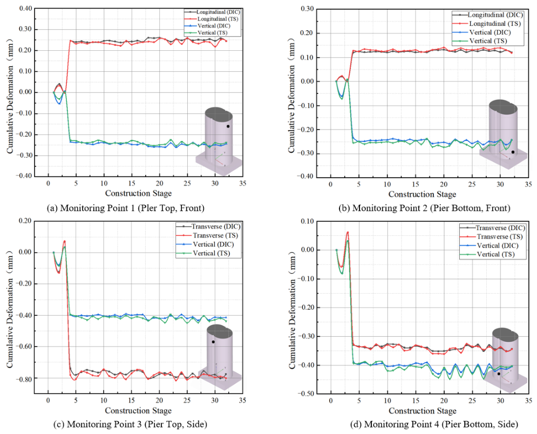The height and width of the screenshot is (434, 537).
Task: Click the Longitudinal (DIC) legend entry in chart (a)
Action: click(x=212, y=12)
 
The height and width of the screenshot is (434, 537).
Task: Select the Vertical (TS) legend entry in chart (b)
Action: click(x=479, y=41)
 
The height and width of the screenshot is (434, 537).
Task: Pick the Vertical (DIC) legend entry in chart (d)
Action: click(x=489, y=246)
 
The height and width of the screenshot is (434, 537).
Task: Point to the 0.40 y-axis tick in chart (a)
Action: click(x=25, y=8)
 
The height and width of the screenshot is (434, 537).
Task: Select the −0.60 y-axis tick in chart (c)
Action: click(x=23, y=347)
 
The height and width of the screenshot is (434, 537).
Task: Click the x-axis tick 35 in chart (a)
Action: click(x=242, y=183)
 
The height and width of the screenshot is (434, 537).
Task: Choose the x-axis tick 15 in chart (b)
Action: click(x=416, y=184)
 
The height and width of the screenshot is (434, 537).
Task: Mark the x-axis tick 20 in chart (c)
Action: click(x=159, y=400)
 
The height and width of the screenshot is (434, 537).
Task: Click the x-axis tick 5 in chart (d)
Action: click(x=359, y=401)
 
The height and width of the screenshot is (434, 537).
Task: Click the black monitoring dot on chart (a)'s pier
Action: click(x=228, y=126)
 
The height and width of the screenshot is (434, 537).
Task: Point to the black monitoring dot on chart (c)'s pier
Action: click(x=213, y=342)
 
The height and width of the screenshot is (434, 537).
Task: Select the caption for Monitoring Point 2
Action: click(x=424, y=208)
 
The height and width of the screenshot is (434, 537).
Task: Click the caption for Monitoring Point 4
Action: click(x=434, y=424)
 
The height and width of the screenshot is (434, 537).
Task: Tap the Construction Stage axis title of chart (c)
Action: click(x=138, y=410)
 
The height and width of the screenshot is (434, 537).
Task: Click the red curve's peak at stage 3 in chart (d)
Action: click(x=348, y=232)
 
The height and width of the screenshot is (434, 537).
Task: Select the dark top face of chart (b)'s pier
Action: click(x=503, y=107)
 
